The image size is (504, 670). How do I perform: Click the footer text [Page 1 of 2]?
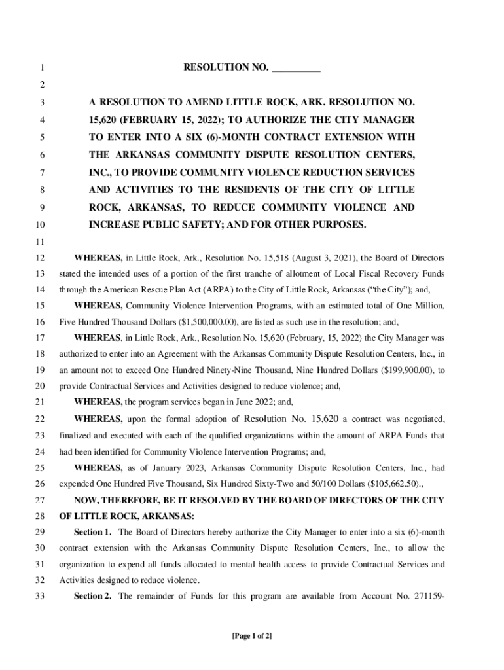click(251, 636)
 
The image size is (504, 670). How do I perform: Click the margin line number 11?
click(40, 241)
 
